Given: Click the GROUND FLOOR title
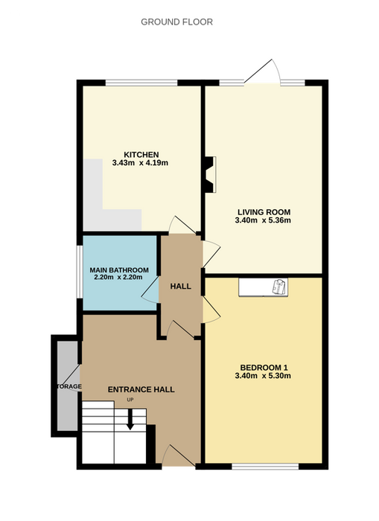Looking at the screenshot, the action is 176,22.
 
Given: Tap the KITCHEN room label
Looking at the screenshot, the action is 141,155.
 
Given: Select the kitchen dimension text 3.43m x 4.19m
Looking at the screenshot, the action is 140,163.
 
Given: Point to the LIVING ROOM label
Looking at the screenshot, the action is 264,212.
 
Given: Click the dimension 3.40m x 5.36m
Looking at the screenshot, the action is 263,220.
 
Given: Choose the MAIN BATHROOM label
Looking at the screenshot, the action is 119,270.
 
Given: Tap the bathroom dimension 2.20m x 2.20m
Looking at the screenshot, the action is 118,277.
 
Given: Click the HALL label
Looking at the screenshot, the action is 180,287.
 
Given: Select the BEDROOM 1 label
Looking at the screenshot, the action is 264,368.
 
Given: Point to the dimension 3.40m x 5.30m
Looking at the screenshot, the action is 263,376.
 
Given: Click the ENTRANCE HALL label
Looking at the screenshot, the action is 141,389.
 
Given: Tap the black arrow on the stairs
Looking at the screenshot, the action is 130,419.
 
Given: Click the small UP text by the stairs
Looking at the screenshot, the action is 130,400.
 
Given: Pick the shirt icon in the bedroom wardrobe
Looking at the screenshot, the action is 279,287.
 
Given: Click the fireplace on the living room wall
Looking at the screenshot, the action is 210,174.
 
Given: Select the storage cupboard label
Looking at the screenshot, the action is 69,386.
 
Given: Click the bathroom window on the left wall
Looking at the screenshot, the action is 80,272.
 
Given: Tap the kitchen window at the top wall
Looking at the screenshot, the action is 141,83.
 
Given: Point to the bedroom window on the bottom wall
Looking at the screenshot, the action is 265,467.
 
